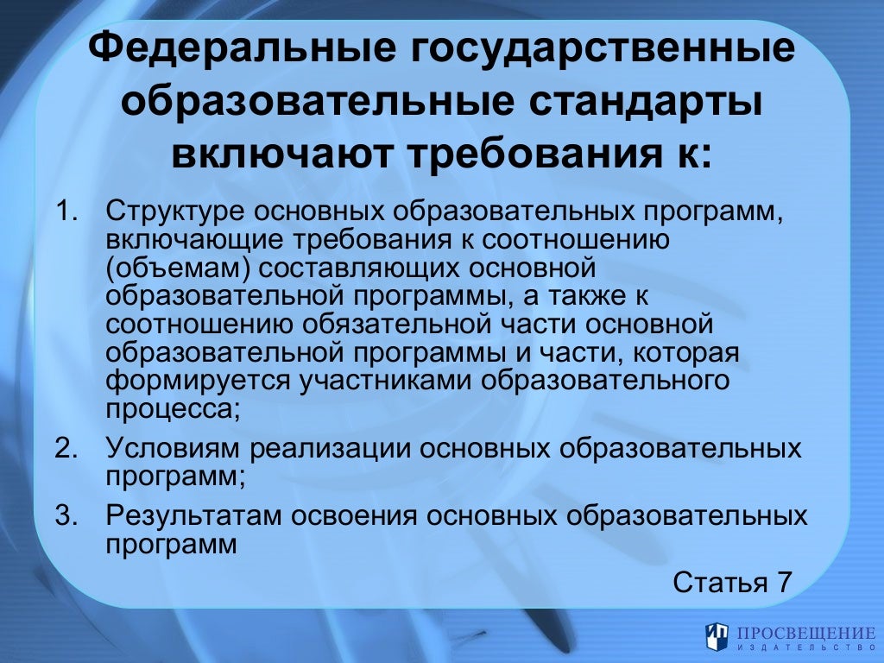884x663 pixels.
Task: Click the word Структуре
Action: coord(175,212)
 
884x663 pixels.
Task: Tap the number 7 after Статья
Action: coord(783,581)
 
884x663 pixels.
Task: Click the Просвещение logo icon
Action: coord(717,636)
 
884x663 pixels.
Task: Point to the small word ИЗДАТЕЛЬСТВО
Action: coord(800,647)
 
